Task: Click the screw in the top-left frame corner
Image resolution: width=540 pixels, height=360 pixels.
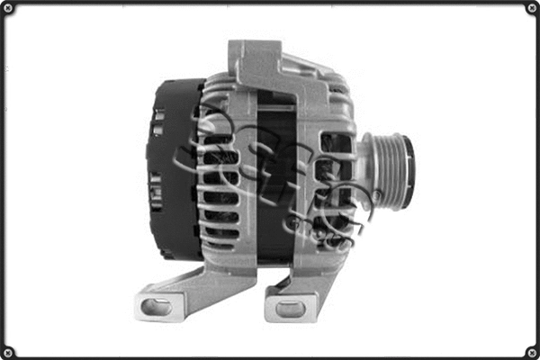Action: tap(8, 8)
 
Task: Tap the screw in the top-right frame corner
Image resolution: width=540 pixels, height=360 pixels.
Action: tap(531, 8)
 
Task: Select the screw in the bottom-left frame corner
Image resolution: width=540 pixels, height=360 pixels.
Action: tap(8, 351)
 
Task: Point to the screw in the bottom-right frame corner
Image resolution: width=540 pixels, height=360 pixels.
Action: tap(531, 351)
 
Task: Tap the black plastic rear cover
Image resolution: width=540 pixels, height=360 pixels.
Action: tap(171, 166)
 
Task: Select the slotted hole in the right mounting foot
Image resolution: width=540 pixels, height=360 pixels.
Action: tap(290, 309)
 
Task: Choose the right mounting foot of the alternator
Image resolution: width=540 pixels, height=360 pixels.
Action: tap(297, 292)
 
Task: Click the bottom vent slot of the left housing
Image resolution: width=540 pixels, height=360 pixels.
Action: tap(220, 241)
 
